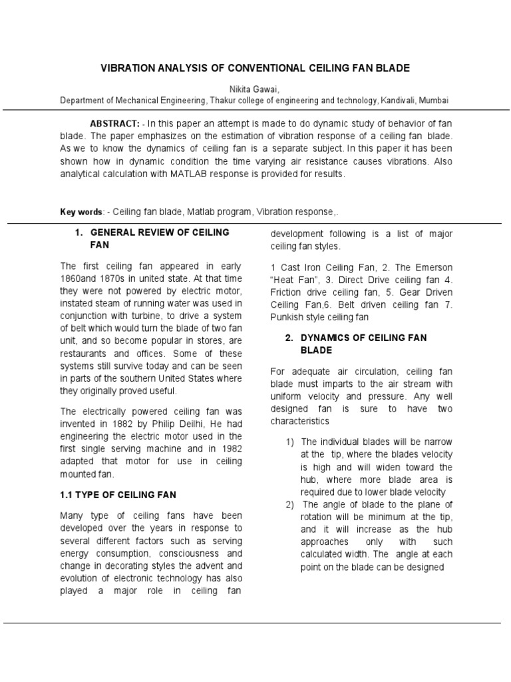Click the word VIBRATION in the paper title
[x=127, y=69]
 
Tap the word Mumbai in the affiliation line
[x=434, y=101]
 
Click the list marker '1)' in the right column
[x=290, y=442]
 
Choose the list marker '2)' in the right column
[x=290, y=504]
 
